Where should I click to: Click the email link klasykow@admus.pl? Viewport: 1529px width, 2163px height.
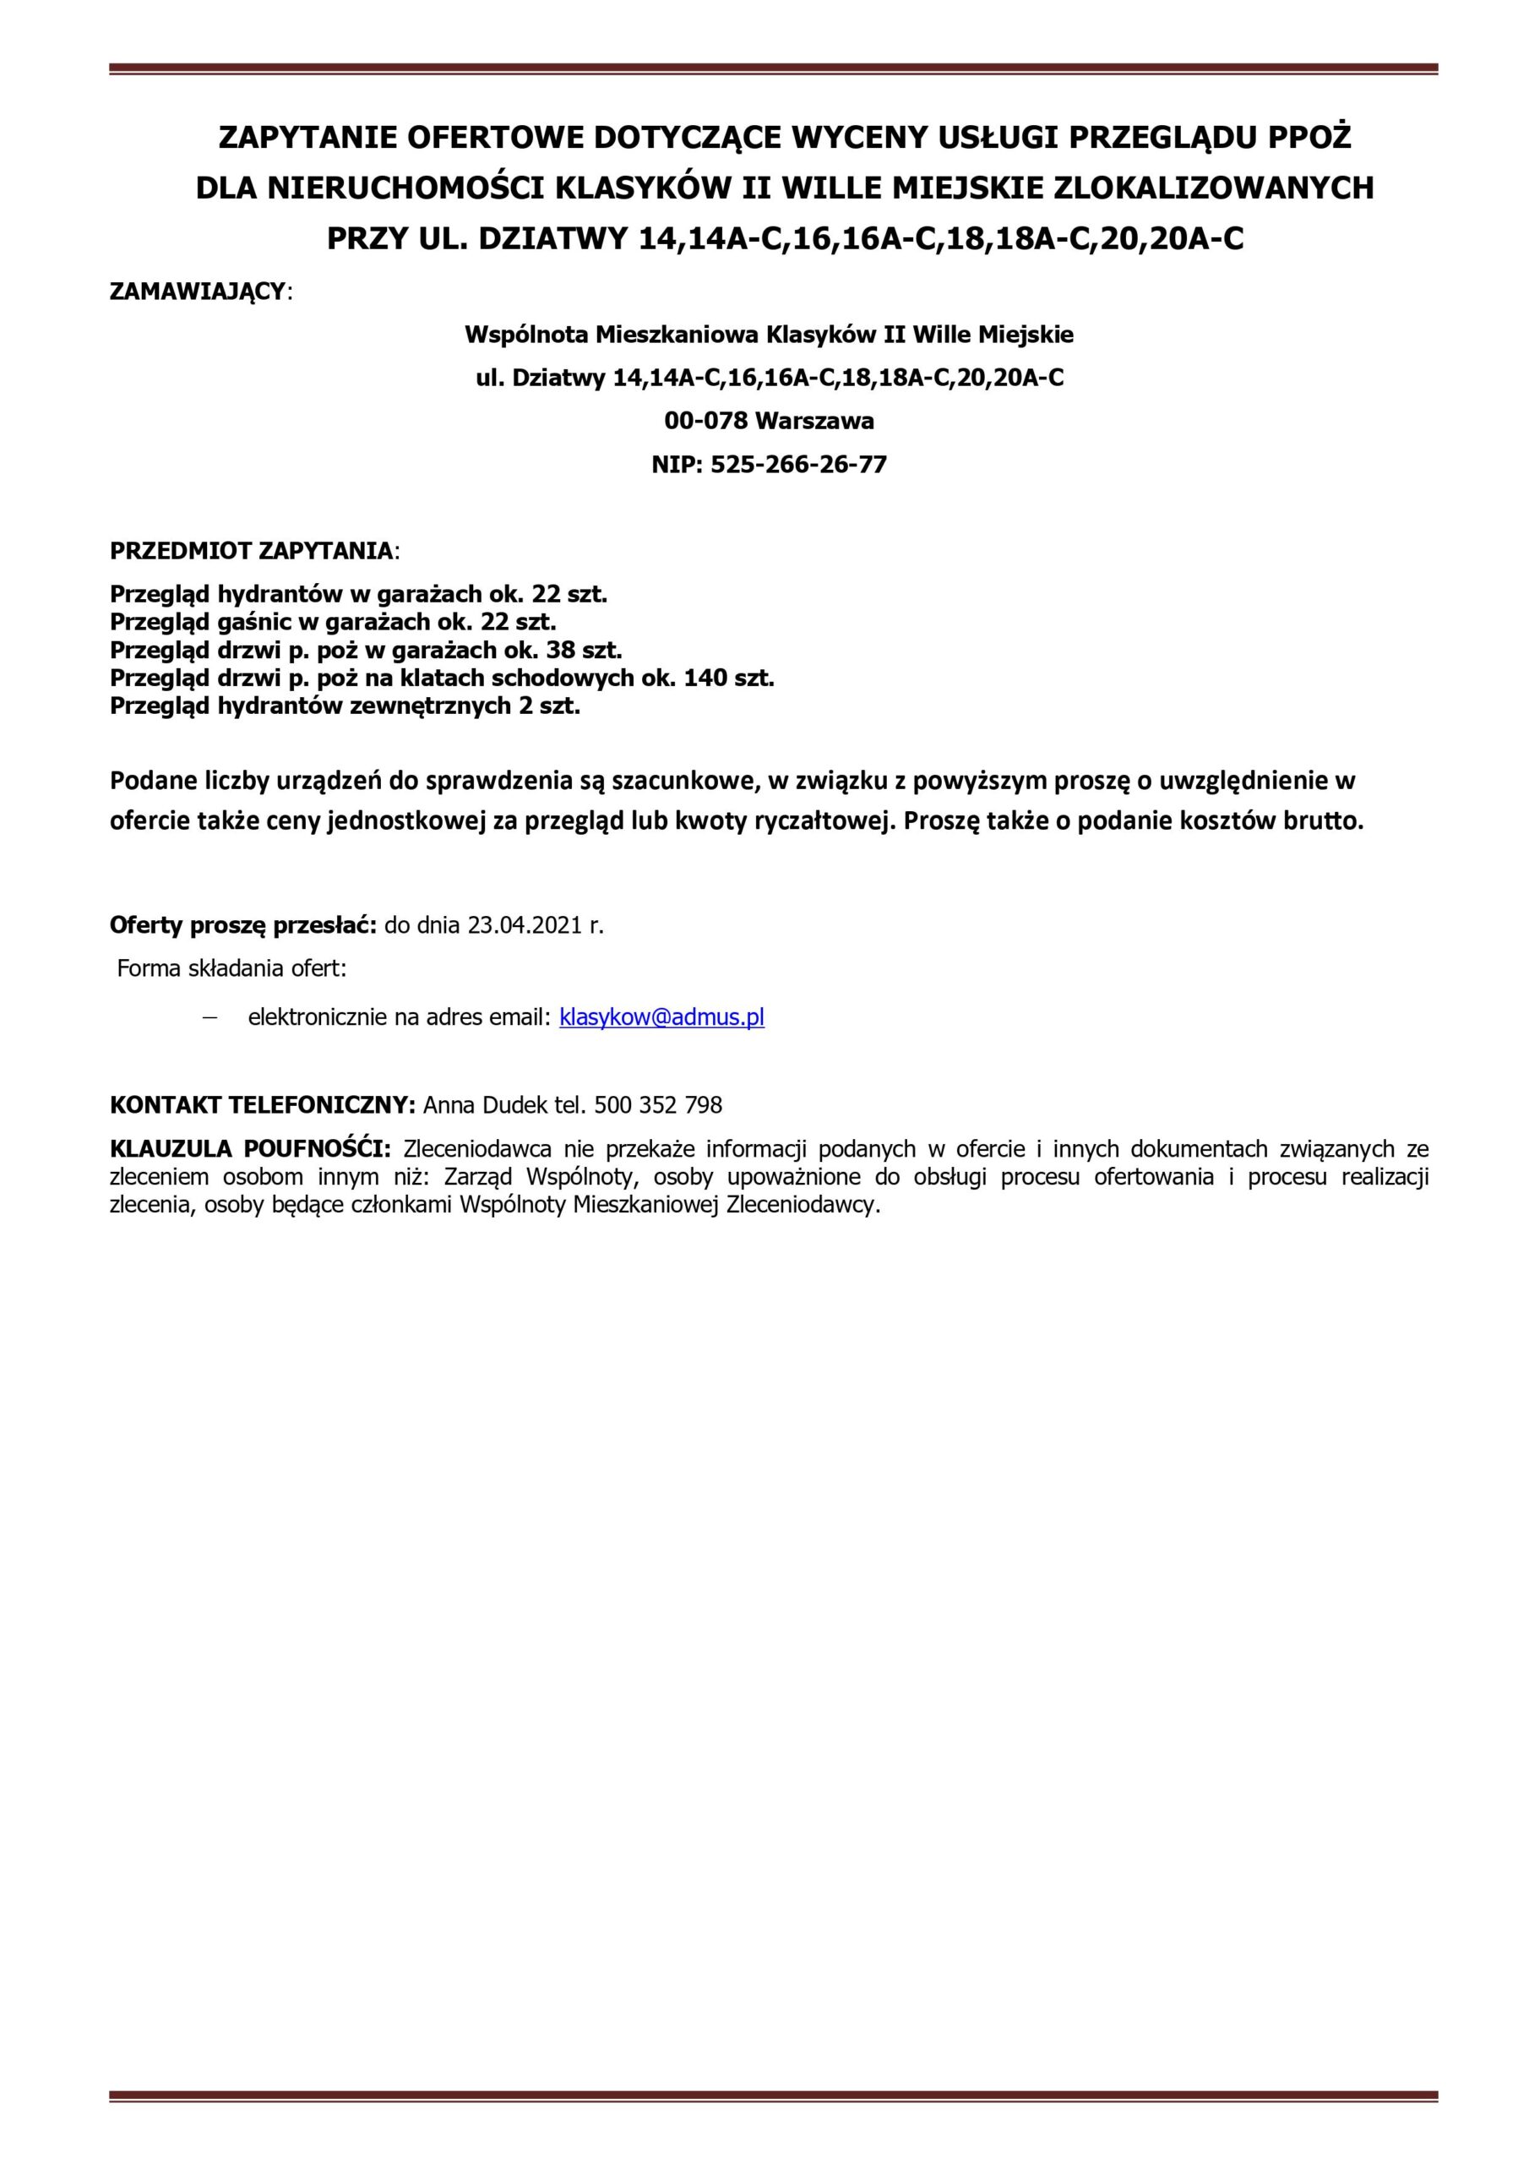point(661,1017)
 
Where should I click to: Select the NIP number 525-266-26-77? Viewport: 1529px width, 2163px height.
point(798,465)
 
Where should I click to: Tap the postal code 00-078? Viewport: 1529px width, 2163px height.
point(705,421)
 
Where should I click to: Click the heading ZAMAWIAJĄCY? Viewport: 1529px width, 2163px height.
point(198,291)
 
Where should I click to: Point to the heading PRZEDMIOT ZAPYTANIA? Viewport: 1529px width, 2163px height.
point(252,551)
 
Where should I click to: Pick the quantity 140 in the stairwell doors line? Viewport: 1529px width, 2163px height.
point(705,678)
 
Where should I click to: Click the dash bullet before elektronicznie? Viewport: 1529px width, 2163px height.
point(209,1018)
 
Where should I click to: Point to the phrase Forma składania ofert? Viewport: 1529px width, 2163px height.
point(231,968)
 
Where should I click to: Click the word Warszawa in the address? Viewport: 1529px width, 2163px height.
point(814,421)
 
